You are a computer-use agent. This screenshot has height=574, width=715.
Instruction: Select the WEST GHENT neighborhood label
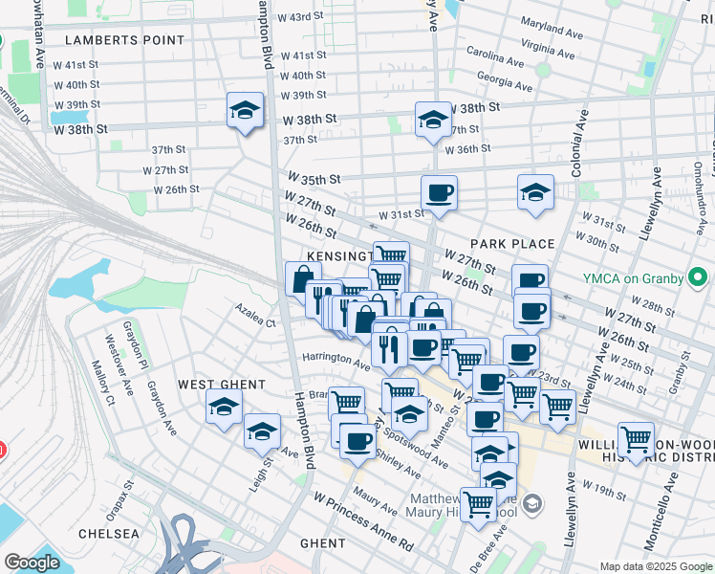[x=221, y=385]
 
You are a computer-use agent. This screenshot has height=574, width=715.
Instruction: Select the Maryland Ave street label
[x=552, y=28]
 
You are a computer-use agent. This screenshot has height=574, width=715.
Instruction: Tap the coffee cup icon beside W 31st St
[x=439, y=192]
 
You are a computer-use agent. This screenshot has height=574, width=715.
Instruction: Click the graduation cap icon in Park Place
[x=535, y=192]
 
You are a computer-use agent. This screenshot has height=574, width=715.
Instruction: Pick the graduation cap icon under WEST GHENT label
[x=224, y=408]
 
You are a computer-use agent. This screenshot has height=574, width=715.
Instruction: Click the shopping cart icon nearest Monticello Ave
[x=636, y=439]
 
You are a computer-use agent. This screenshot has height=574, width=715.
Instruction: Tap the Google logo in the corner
[x=32, y=563]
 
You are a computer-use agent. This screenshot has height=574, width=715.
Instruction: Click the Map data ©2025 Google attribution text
[x=655, y=566]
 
